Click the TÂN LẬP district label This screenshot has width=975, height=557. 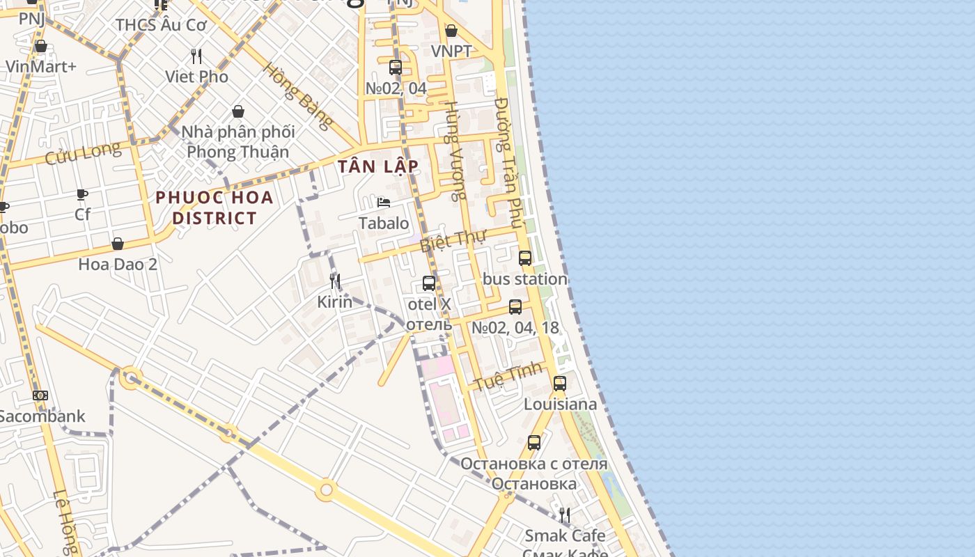(378, 166)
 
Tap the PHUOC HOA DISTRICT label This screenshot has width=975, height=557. (214, 207)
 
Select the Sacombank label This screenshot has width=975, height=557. (42, 416)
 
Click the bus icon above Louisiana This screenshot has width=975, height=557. (559, 384)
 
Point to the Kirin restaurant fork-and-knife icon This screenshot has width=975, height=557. (335, 281)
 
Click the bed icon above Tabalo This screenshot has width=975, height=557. (383, 203)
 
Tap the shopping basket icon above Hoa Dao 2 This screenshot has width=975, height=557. (118, 244)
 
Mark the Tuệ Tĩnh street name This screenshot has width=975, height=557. (507, 376)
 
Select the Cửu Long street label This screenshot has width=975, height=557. (83, 152)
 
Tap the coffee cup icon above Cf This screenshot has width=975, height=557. (82, 194)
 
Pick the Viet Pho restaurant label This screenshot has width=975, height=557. (196, 77)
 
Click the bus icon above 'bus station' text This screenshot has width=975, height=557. (525, 258)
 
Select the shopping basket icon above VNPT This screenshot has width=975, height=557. (451, 31)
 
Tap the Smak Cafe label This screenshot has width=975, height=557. (565, 535)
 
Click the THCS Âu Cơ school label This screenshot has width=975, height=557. (161, 25)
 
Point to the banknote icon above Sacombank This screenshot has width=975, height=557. (40, 395)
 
